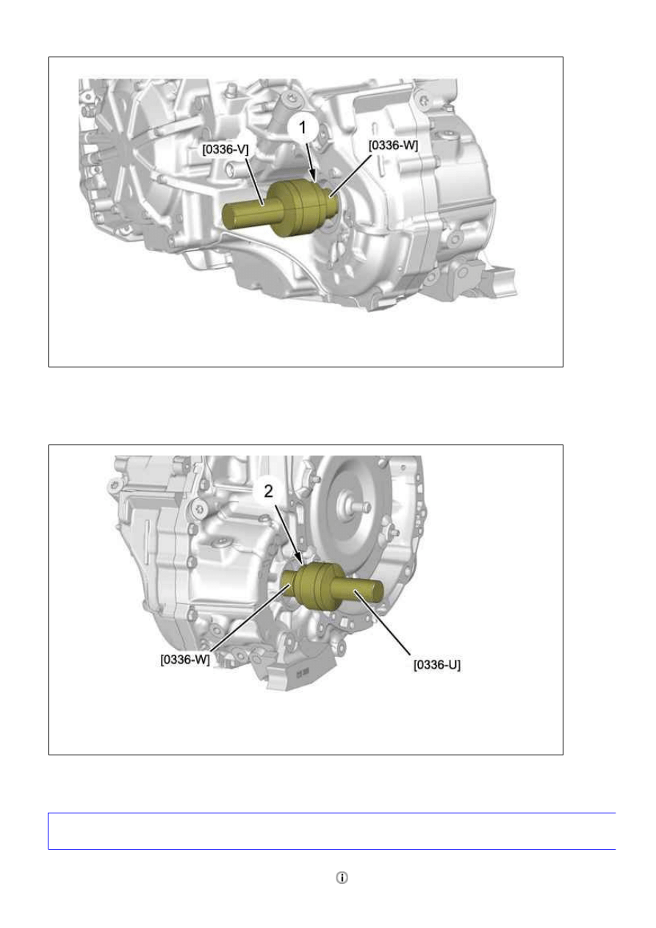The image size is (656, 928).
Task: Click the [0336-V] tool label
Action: tap(226, 149)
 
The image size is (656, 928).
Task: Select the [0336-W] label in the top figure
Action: tap(393, 145)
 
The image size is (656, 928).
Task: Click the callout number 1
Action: tap(303, 128)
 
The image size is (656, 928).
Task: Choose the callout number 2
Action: tap(268, 492)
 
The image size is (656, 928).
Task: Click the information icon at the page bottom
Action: tap(342, 877)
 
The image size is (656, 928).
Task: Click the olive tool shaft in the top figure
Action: tap(248, 213)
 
